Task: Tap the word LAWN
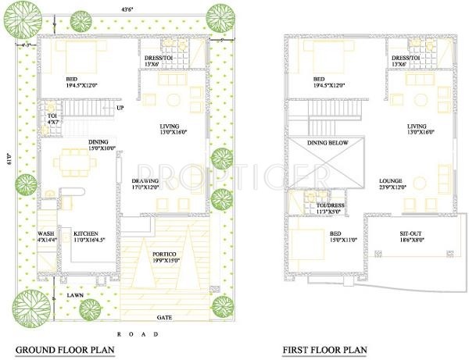pos(75,295)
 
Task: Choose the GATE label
pos(165,318)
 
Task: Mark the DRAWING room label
pos(146,184)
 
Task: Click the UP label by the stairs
pos(120,108)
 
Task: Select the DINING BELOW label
pos(328,143)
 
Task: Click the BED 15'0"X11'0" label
pos(327,237)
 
